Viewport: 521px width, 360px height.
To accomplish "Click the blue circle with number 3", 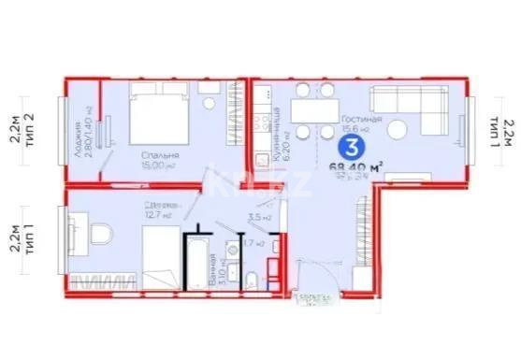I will tap(351, 148).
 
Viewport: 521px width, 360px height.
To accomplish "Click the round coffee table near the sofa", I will tap(399, 129).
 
